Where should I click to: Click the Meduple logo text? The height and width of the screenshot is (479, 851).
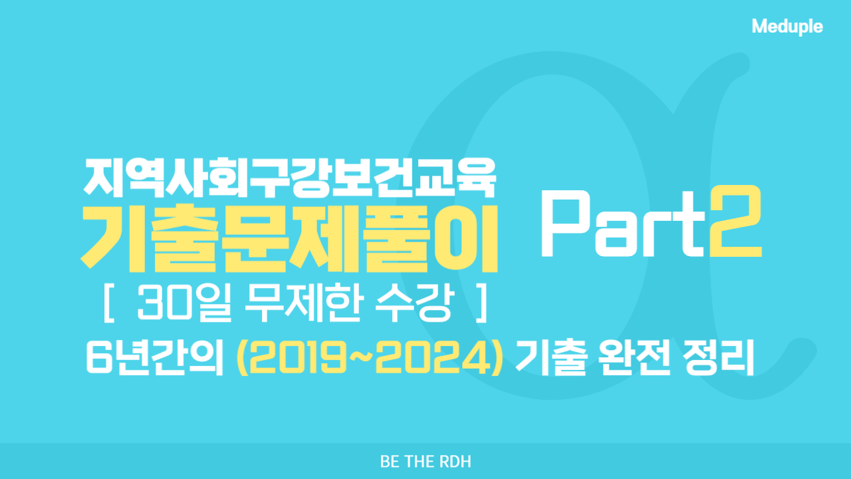point(787,27)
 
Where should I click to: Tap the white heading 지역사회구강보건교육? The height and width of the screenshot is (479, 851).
point(289,178)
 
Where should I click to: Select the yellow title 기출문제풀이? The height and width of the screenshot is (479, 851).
point(289,238)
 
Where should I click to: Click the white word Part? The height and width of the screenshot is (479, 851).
point(623,223)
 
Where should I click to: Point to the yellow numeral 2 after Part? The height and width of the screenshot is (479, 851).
point(736,222)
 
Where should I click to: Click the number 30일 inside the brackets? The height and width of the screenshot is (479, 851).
point(184,303)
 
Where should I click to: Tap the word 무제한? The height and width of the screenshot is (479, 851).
point(302,303)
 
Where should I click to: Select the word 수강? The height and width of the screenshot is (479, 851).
point(415,303)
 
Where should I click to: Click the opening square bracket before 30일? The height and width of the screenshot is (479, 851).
point(108,303)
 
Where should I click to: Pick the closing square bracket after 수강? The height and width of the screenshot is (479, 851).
point(482,303)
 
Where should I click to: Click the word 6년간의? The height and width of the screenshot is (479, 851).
point(155,358)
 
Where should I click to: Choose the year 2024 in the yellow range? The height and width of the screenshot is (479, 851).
point(433,357)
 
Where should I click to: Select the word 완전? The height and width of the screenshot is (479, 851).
point(634,358)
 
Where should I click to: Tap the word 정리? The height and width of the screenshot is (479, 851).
point(717,358)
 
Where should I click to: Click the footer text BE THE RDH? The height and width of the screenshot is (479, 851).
point(425,462)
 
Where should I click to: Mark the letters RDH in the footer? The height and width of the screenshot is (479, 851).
point(455,462)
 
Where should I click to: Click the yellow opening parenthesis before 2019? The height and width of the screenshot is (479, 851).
point(243,357)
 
